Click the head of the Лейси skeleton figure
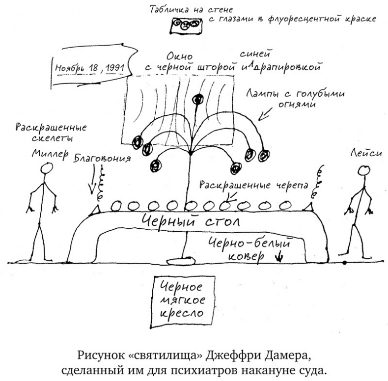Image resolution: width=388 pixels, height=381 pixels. tap(363, 170)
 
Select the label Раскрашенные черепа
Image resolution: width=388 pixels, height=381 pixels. tap(254, 186)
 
